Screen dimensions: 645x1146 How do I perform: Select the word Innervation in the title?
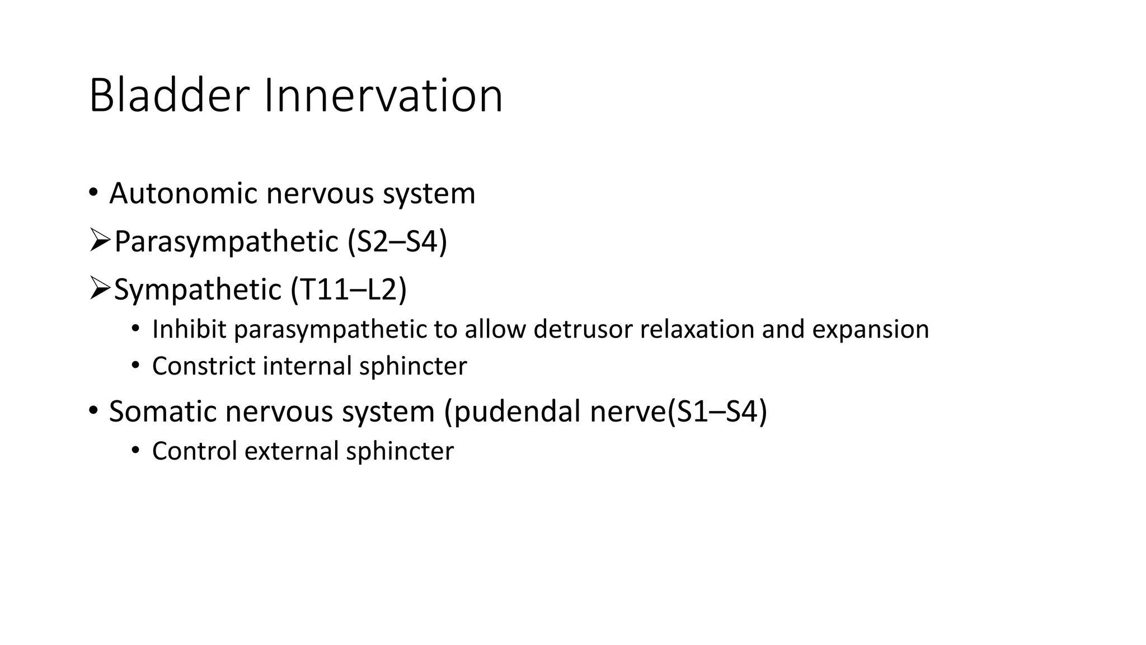pos(383,96)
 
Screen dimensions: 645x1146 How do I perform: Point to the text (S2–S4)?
pos(397,242)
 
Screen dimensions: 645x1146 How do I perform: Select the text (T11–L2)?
pos(349,290)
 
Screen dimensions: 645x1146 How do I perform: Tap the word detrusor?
pos(583,329)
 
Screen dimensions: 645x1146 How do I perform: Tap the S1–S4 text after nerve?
pos(718,412)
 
